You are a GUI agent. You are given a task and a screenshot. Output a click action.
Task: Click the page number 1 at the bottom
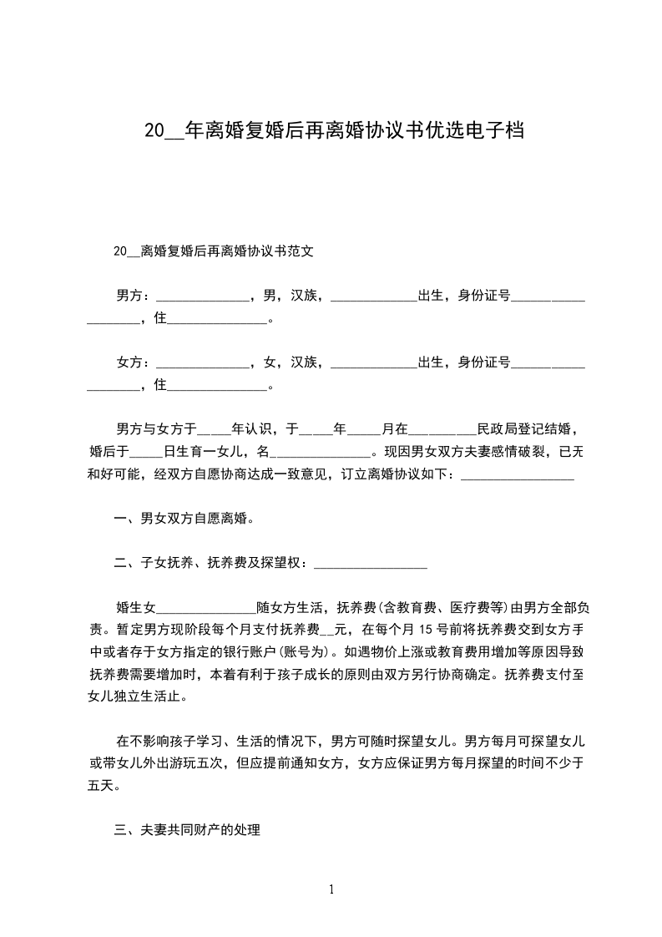pos(331,889)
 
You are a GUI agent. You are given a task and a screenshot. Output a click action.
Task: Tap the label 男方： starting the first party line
pos(134,296)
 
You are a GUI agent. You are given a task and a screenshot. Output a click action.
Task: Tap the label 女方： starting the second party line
pos(134,362)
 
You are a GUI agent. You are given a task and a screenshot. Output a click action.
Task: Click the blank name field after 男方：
pos(204,297)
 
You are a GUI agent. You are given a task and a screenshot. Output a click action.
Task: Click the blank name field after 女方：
pos(204,364)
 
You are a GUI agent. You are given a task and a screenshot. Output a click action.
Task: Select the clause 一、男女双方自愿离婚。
pos(184,519)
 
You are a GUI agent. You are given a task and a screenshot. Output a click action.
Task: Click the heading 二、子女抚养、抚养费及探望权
pos(211,564)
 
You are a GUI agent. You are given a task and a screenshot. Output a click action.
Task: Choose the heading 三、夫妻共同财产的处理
pos(188,830)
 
